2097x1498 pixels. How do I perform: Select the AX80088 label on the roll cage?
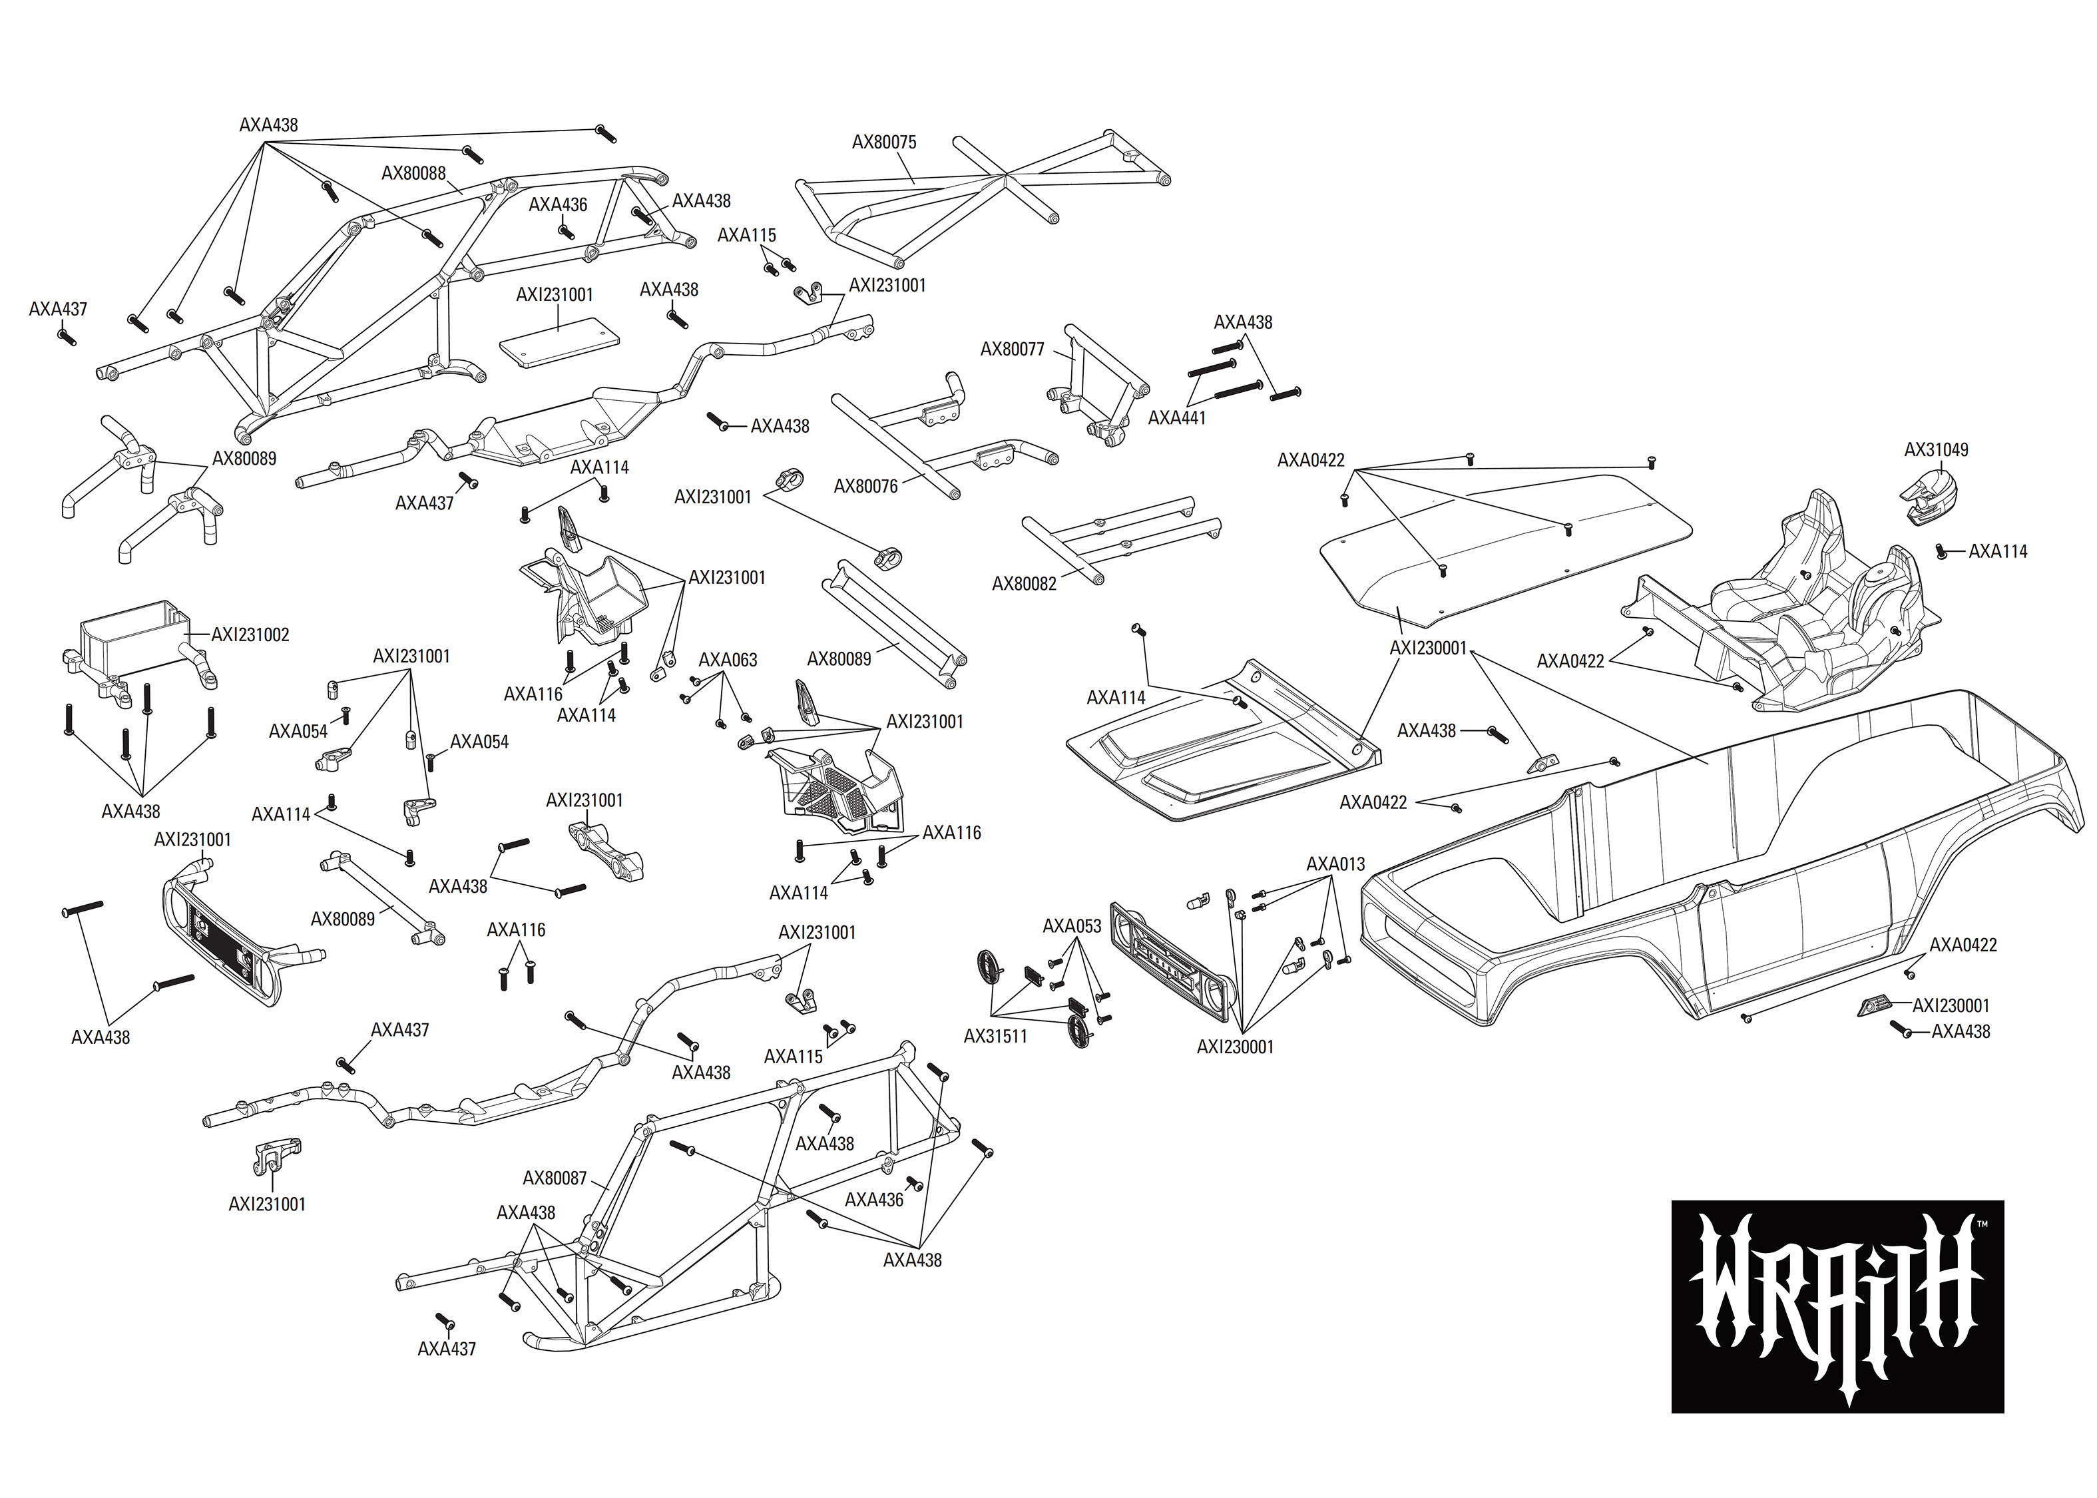[x=413, y=173]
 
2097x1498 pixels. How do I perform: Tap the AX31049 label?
[x=1936, y=450]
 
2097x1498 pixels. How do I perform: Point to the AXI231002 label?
[x=250, y=634]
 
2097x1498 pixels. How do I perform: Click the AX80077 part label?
[x=1012, y=350]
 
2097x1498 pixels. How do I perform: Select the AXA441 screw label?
[x=1177, y=418]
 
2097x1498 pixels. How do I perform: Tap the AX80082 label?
[x=1024, y=584]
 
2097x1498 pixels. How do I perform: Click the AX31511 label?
[x=995, y=1036]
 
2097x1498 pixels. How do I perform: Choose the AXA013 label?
[x=1335, y=864]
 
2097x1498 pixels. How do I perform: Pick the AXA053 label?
[x=1072, y=926]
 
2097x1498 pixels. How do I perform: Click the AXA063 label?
[x=728, y=660]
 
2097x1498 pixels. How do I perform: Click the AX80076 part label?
[x=865, y=486]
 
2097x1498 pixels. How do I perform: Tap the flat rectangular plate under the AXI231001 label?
[x=558, y=343]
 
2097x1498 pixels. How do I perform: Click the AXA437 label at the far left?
[x=58, y=309]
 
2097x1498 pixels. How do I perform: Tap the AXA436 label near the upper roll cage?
[x=557, y=205]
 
